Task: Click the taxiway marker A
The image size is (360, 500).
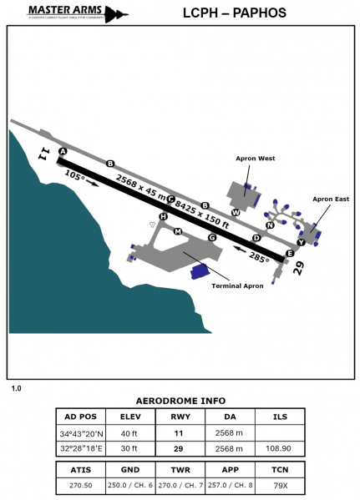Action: tap(63, 151)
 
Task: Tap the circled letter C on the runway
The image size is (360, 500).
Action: tap(170, 199)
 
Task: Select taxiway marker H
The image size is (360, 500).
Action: tap(163, 216)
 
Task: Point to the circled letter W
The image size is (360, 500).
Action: tap(236, 213)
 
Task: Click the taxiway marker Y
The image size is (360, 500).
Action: tap(301, 242)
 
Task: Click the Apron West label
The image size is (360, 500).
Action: tap(256, 157)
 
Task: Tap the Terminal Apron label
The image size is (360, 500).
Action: tap(237, 285)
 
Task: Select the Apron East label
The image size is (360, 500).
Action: tap(331, 199)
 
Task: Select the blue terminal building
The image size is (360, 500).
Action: tap(199, 271)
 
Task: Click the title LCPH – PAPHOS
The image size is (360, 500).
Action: tap(241, 13)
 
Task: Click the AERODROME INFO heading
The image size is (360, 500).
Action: tap(180, 400)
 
